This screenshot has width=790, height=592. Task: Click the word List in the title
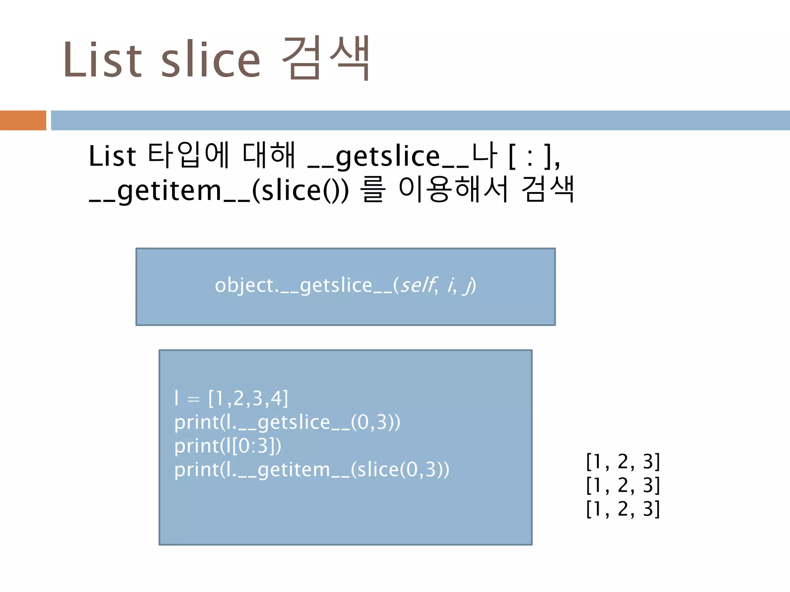tap(102, 60)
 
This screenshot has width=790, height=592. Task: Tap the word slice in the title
tap(211, 60)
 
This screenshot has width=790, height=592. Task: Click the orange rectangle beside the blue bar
tap(23, 120)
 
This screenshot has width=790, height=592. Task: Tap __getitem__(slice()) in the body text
tap(219, 190)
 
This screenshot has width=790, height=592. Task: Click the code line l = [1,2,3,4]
tap(231, 398)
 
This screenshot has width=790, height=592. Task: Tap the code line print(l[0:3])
tap(228, 446)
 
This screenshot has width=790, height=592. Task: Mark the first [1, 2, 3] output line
tap(623, 461)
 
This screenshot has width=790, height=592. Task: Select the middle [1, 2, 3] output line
tap(623, 485)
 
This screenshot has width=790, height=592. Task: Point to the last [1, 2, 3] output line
tap(623, 509)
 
